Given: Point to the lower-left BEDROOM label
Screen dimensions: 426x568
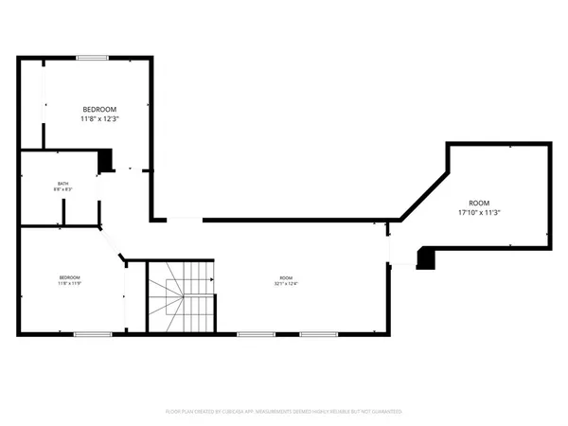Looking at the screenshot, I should pyautogui.click(x=69, y=276).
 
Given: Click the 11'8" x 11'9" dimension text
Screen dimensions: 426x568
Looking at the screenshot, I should pyautogui.click(x=69, y=283).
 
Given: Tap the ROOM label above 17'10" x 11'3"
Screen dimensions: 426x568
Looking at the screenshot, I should pyautogui.click(x=479, y=203).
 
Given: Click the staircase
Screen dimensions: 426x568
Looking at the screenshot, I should pyautogui.click(x=181, y=294).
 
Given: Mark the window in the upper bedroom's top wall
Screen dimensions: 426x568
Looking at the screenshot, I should pyautogui.click(x=92, y=58).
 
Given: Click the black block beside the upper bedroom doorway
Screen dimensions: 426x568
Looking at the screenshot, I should pyautogui.click(x=106, y=160).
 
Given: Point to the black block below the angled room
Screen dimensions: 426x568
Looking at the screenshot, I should pyautogui.click(x=426, y=257).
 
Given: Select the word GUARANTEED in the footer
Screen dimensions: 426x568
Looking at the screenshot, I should pyautogui.click(x=385, y=412).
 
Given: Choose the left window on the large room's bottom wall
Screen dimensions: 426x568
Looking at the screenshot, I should pyautogui.click(x=256, y=334).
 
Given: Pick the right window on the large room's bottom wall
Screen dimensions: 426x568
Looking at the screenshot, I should pyautogui.click(x=318, y=334).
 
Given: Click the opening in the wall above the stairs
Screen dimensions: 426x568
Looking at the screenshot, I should pyautogui.click(x=186, y=220).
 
